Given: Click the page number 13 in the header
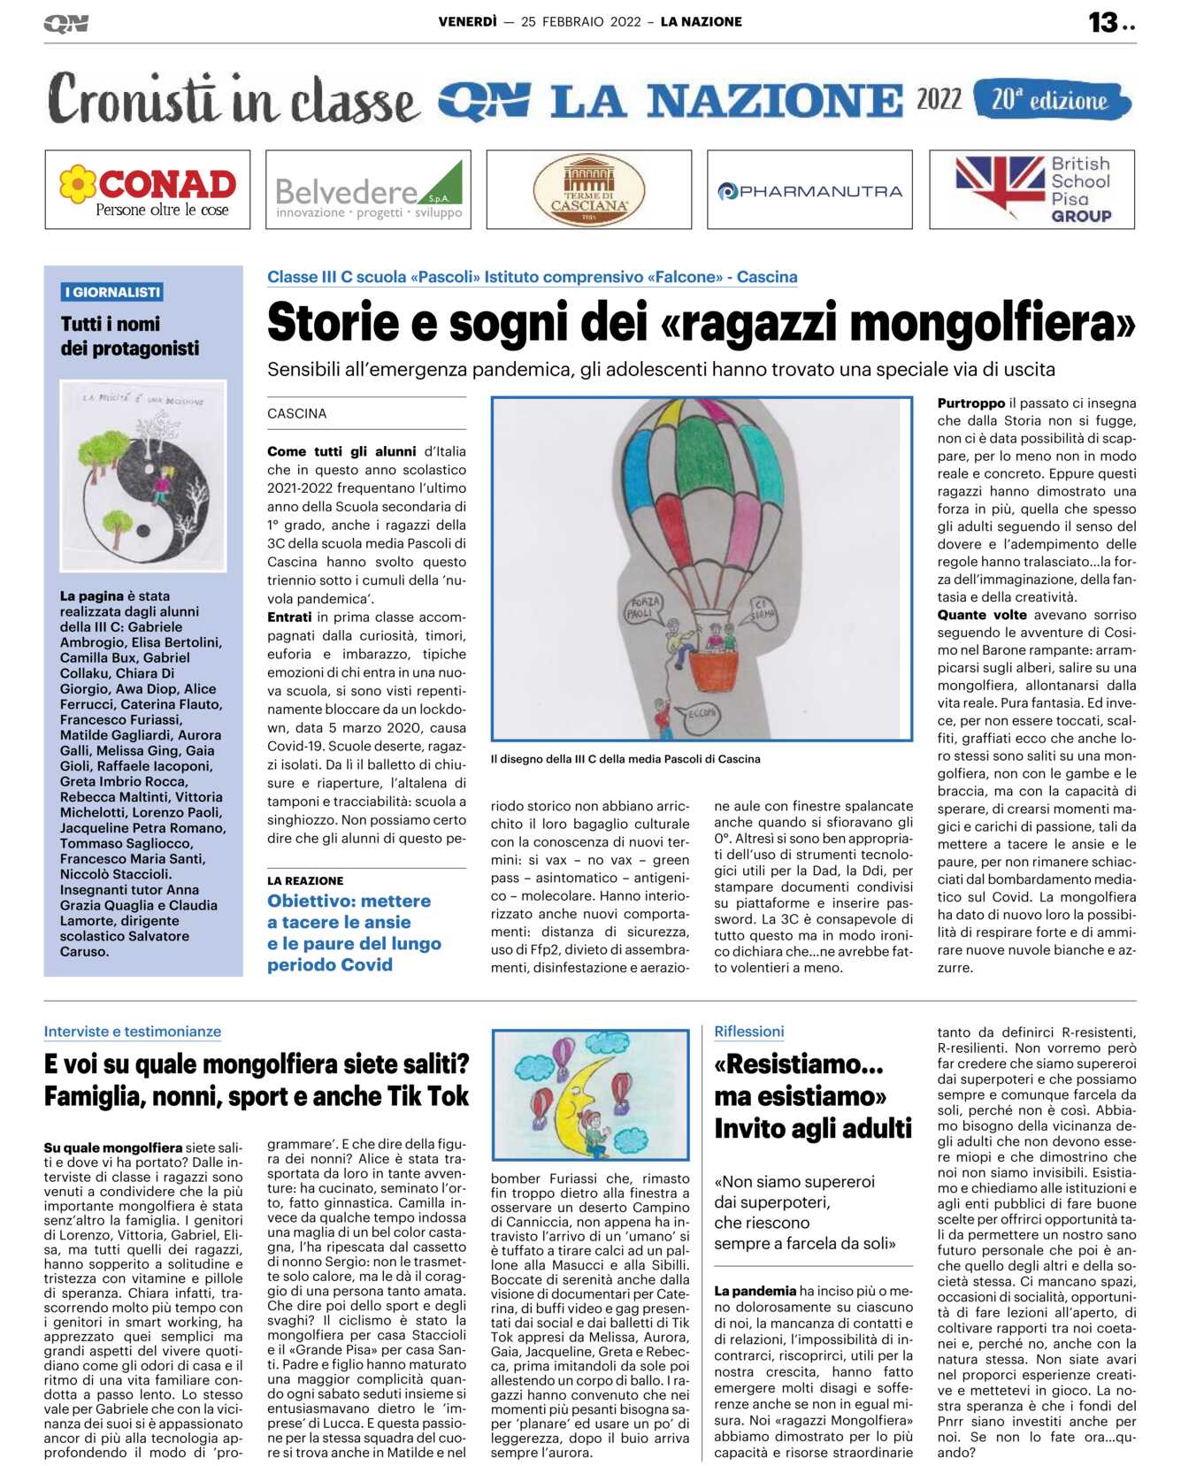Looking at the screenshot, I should [x=1103, y=22].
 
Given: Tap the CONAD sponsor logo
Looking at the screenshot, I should [x=148, y=189].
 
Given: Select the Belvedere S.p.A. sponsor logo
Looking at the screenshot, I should [x=368, y=189].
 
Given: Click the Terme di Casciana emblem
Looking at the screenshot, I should [x=588, y=189].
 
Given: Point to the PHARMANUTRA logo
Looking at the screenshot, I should [x=809, y=190].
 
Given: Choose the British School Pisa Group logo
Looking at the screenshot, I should [x=1031, y=189].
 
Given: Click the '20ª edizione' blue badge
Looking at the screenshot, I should [x=1050, y=100].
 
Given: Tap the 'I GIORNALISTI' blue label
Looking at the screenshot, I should [x=111, y=292].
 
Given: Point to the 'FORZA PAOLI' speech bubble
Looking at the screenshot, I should [x=644, y=607].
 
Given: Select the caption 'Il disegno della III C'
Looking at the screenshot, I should [x=625, y=759].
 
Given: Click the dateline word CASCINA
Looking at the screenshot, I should [x=297, y=413].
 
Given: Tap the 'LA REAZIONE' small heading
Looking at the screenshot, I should [x=305, y=880].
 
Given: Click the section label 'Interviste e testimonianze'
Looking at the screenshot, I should [x=133, y=1031].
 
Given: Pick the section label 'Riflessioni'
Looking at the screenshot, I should [x=748, y=1031].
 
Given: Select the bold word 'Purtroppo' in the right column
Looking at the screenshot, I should [x=970, y=403].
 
